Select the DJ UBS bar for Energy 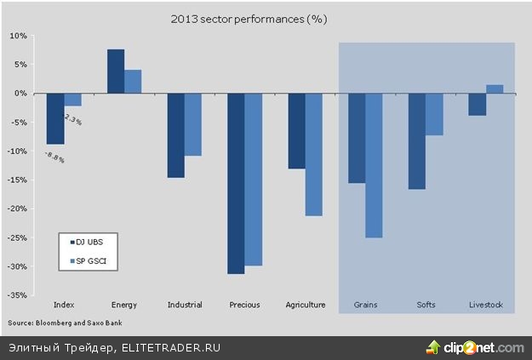click(x=116, y=71)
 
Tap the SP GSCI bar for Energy click(x=133, y=82)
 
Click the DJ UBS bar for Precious click(x=236, y=183)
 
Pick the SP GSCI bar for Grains click(x=374, y=165)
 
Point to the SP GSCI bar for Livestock click(x=495, y=89)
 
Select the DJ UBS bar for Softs click(x=417, y=140)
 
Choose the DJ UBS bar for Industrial click(x=175, y=135)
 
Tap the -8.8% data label click(x=54, y=155)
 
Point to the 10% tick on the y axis click(x=19, y=36)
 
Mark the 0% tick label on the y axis click(x=21, y=94)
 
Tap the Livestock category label click(x=486, y=305)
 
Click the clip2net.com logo click(x=476, y=347)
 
